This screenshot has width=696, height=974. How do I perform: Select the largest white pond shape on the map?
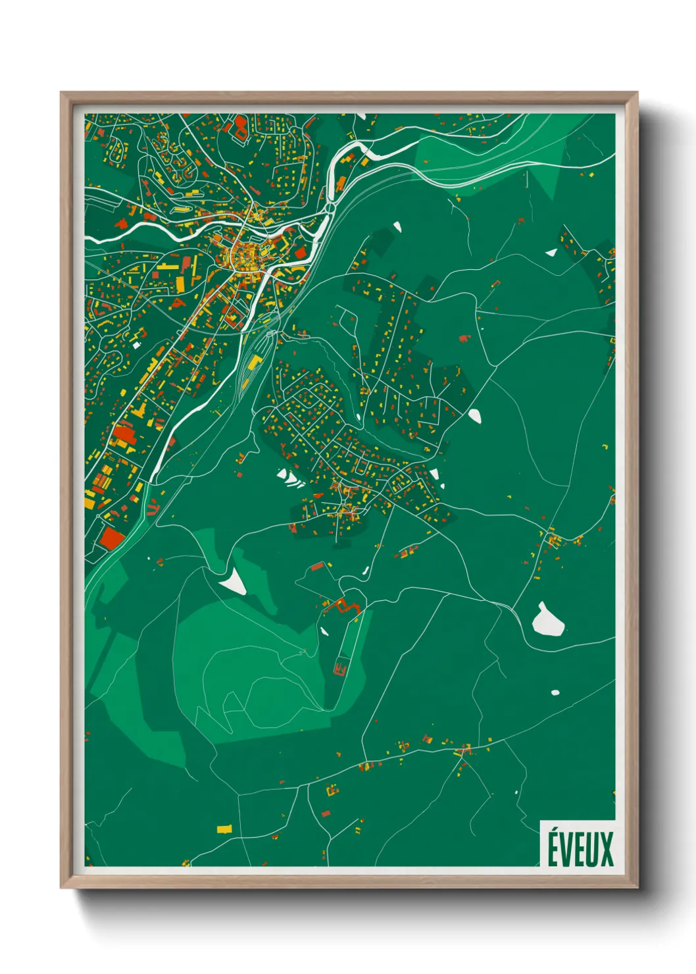(x=547, y=621)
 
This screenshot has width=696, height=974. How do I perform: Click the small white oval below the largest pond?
(x=555, y=692)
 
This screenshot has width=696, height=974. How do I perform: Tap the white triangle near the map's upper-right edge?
(x=551, y=252)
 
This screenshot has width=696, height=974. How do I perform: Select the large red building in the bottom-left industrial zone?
(x=111, y=540)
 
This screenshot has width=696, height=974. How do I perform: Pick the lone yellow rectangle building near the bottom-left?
(x=225, y=829)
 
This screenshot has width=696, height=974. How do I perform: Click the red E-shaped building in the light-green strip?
(x=340, y=669)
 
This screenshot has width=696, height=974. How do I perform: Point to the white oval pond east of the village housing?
(x=474, y=415)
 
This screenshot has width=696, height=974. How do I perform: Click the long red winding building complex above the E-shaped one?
(x=342, y=605)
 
